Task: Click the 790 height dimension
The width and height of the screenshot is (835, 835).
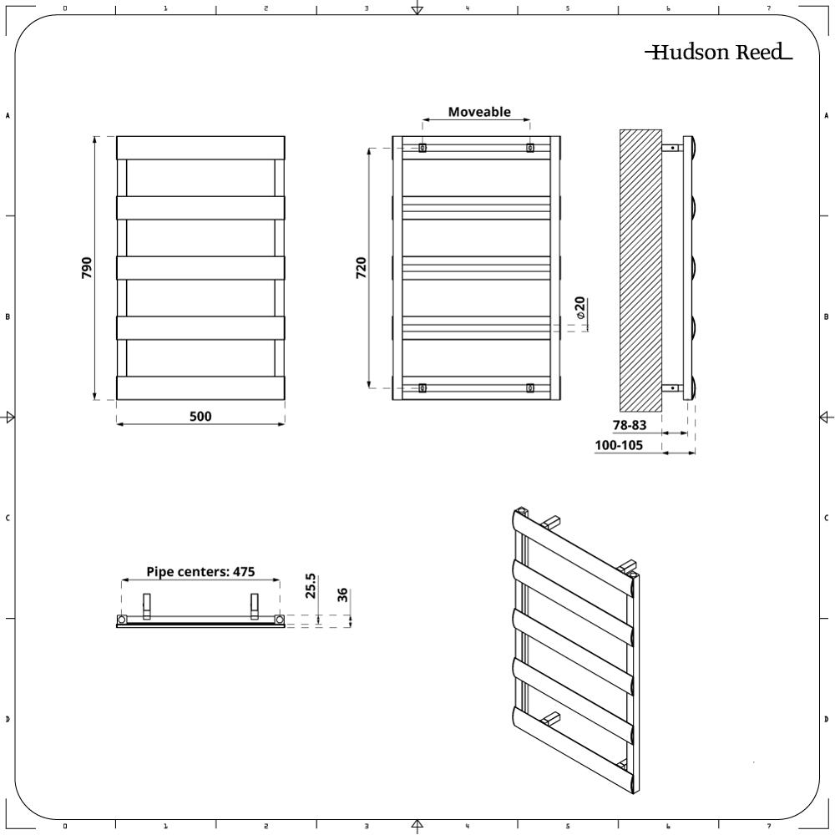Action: pos(87,267)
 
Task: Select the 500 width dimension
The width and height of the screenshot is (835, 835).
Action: pos(200,416)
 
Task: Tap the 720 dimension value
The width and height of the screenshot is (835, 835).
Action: pos(362,267)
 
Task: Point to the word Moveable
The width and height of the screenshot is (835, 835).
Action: pos(479,112)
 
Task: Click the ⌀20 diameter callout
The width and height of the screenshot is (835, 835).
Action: pos(580,309)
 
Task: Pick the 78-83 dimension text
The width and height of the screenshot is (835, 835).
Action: pos(630,425)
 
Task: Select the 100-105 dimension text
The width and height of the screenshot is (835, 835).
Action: pos(619,446)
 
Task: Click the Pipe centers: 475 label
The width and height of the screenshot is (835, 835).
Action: pos(200,572)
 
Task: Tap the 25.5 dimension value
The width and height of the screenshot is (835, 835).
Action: pos(311,585)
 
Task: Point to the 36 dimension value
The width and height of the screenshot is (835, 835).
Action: pos(342,595)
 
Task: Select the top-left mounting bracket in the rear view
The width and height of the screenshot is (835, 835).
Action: pos(423,149)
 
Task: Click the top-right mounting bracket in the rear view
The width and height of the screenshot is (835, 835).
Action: pos(529,149)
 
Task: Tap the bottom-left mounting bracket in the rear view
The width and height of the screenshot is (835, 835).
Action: pos(423,387)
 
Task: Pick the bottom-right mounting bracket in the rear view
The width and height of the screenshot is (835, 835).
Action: pos(529,387)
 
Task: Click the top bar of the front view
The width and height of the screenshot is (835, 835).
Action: pos(200,148)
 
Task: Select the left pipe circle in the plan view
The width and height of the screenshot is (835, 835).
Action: pos(122,620)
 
